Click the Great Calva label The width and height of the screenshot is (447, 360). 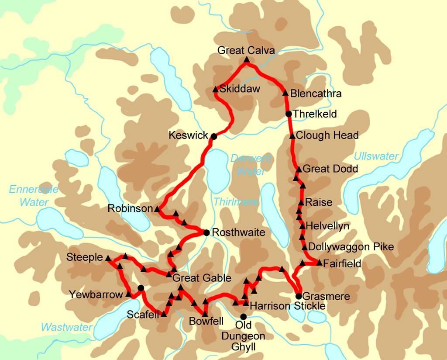(x=246, y=51)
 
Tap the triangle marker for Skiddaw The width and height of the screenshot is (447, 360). (x=215, y=89)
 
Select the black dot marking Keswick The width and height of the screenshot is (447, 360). (x=214, y=136)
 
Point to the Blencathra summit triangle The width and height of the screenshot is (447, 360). (x=285, y=93)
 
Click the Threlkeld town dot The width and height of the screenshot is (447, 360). (x=289, y=114)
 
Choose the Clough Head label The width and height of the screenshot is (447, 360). (x=327, y=135)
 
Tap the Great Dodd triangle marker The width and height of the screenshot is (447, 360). (x=299, y=169)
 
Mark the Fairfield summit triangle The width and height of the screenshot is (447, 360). (x=319, y=263)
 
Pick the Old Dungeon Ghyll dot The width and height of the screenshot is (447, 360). (x=243, y=316)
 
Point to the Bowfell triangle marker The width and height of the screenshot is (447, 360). (x=204, y=314)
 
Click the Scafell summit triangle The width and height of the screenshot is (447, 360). (x=163, y=314)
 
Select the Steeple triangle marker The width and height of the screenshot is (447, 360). (x=108, y=258)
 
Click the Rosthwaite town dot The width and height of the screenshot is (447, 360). (x=206, y=232)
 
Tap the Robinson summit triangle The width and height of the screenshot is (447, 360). (x=157, y=209)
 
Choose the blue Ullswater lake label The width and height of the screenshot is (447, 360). (x=376, y=156)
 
